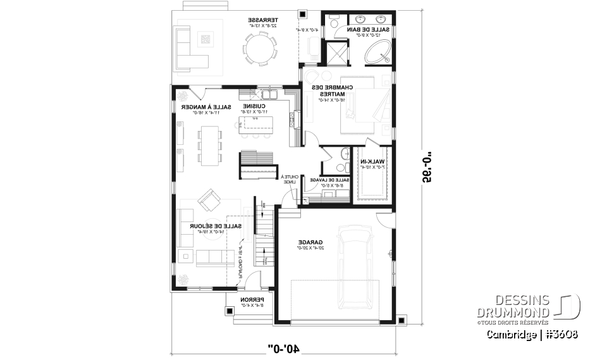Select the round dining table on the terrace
tap(260, 49)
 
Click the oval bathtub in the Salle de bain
tap(378, 53)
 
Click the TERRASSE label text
tap(261, 20)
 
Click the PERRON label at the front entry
tap(251, 301)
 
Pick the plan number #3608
tap(560, 333)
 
